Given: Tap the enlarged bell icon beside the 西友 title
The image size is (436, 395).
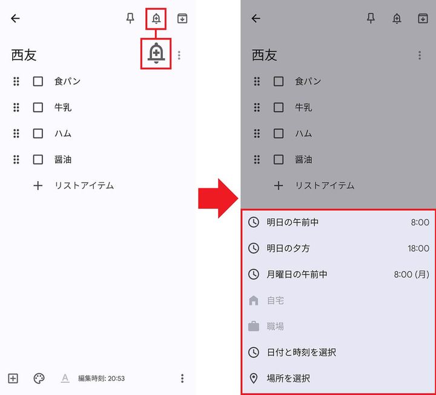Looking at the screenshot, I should [156, 54].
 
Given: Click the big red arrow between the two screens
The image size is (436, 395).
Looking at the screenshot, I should [219, 198].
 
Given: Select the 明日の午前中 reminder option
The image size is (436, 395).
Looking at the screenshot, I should [292, 222].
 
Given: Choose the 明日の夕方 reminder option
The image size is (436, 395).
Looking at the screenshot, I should [288, 248].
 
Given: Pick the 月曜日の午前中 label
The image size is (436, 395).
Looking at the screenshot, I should [297, 274].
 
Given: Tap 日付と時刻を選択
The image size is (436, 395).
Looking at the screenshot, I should [301, 352].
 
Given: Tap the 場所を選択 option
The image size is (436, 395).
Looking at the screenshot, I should [288, 378].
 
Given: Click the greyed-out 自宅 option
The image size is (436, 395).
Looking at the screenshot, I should [276, 300].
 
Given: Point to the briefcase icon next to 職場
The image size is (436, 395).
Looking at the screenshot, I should [254, 327].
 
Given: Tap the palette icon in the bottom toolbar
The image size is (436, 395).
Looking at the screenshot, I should [39, 379].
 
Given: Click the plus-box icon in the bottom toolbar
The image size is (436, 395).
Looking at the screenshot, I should [13, 379].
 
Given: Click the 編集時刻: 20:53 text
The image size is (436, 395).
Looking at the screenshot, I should [101, 379].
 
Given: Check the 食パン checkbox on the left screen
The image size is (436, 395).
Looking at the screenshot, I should [38, 81].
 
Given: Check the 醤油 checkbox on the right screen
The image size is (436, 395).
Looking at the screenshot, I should [279, 159].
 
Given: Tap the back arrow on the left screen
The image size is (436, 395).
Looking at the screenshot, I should [15, 18].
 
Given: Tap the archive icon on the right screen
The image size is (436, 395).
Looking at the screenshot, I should [423, 18].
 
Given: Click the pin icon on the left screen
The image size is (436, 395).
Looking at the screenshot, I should [130, 18].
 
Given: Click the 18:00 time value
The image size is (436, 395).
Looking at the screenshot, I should [418, 248].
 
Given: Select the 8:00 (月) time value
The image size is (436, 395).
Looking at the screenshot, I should [411, 274].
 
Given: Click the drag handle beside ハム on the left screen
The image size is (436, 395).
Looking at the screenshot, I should [16, 133].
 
